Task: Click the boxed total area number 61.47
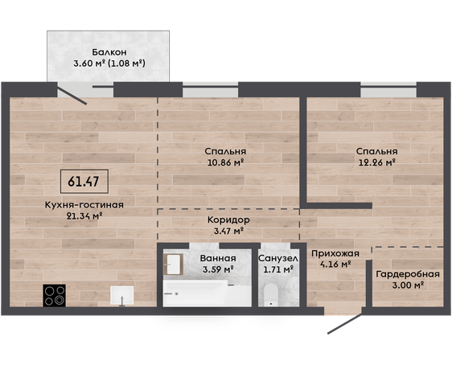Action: pos(84,182)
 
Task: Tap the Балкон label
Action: pos(109,52)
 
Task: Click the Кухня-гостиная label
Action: pos(84,205)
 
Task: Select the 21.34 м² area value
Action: pos(84,215)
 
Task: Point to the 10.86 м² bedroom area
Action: pos(226,162)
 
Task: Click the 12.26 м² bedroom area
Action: pos(376,162)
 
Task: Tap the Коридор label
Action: pos(228,220)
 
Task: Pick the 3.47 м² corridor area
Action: pos(228,231)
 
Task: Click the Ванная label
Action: pos(218,258)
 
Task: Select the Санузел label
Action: pos(278,259)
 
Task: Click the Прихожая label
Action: pos(335,253)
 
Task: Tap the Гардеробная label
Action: pos(408,274)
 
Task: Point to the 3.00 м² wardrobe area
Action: pos(408,285)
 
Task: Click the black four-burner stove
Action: pos(54,296)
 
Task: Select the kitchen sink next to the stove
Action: pos(122,296)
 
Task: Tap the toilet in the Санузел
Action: pos(271,295)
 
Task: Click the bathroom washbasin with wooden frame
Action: pos(173,265)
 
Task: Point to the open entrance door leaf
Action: pos(345,324)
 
